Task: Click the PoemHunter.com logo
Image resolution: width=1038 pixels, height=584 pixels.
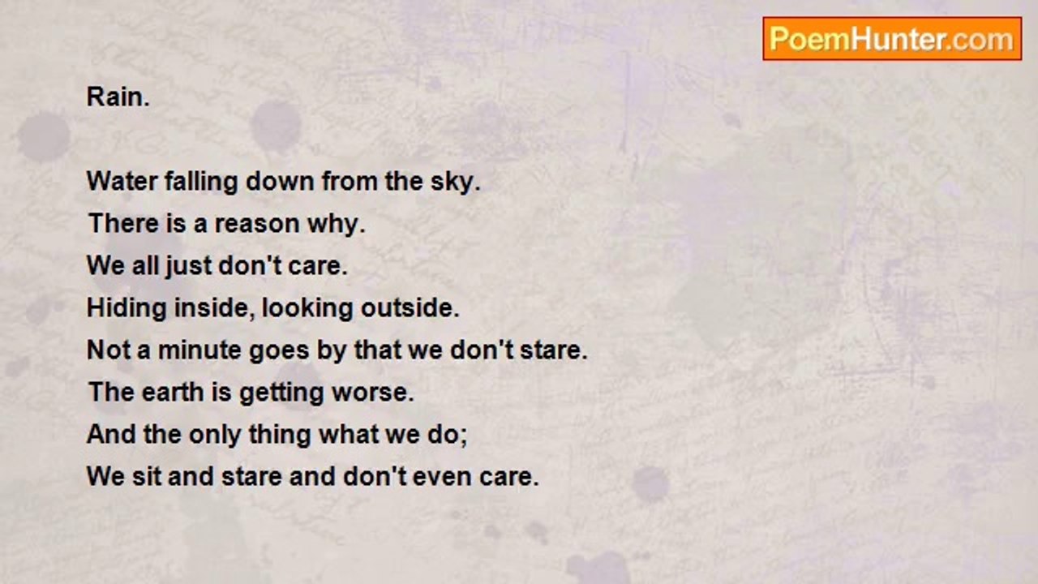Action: point(892,39)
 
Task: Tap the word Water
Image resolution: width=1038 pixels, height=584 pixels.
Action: point(122,181)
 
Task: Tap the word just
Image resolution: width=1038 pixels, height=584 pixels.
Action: point(189,267)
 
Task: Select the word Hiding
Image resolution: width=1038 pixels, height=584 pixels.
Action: point(127,309)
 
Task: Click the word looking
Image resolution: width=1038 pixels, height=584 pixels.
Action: point(307,309)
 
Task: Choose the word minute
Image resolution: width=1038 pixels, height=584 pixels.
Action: point(199,350)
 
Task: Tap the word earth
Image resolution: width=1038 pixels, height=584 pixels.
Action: point(173,392)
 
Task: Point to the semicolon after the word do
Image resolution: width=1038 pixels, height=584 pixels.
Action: point(464,437)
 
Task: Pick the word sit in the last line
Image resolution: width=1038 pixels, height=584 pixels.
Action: point(147,476)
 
